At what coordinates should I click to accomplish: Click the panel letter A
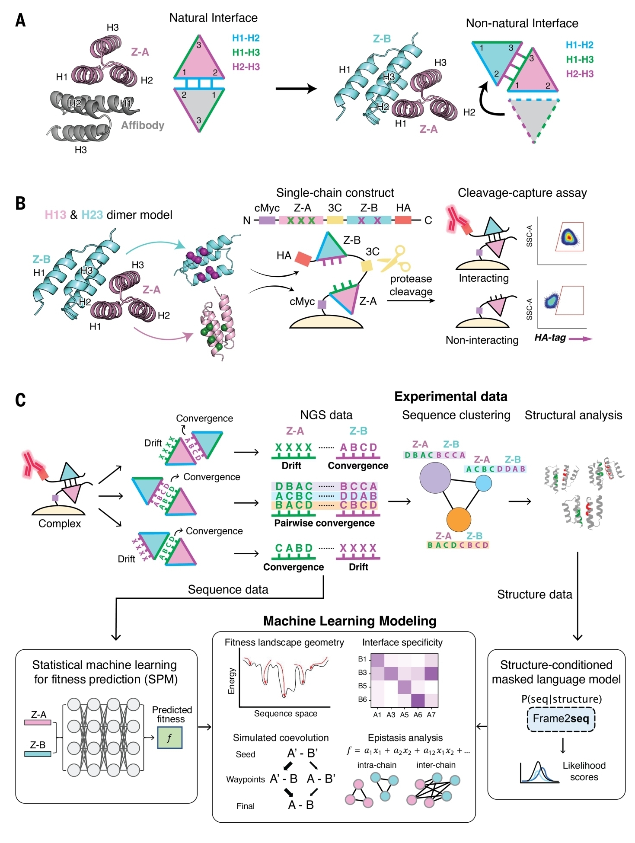(20, 20)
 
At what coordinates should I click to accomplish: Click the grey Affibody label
(143, 125)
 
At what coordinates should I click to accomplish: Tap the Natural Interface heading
(213, 18)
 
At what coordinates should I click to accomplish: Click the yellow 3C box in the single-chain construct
(335, 220)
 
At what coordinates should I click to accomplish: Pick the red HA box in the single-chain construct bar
(403, 220)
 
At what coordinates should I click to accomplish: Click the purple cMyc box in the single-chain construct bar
(267, 220)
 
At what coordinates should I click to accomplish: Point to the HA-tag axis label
(550, 338)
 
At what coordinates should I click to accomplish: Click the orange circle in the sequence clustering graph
(458, 519)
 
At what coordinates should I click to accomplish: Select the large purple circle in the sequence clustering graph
(435, 478)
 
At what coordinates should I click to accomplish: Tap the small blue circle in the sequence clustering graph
(483, 483)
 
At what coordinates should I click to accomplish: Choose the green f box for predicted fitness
(169, 738)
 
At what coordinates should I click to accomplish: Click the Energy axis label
(232, 681)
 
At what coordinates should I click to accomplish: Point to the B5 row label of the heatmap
(362, 686)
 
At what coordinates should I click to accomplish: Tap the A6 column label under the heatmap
(418, 715)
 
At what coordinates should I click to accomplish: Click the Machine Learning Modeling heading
(350, 621)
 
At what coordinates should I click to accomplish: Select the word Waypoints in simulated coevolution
(246, 779)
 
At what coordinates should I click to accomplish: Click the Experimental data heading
(450, 396)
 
